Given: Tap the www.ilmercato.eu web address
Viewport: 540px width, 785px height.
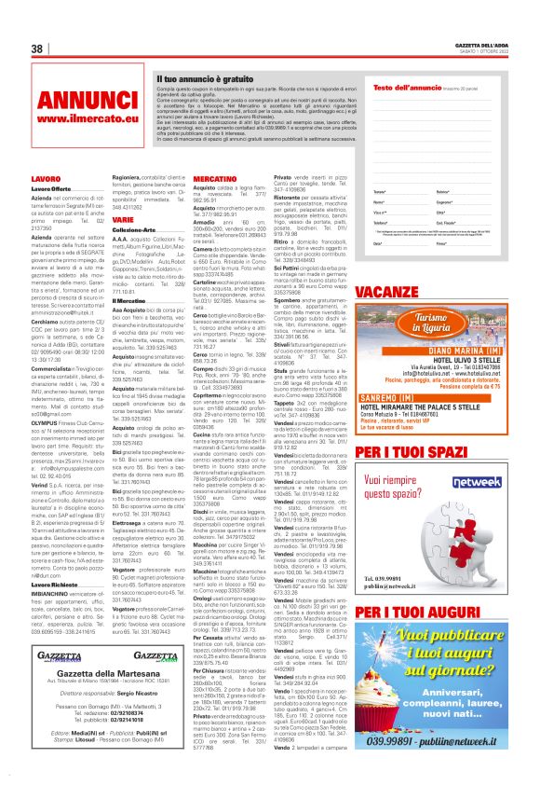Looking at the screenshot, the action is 79,119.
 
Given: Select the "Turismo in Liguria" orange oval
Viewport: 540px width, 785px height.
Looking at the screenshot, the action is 419,324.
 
